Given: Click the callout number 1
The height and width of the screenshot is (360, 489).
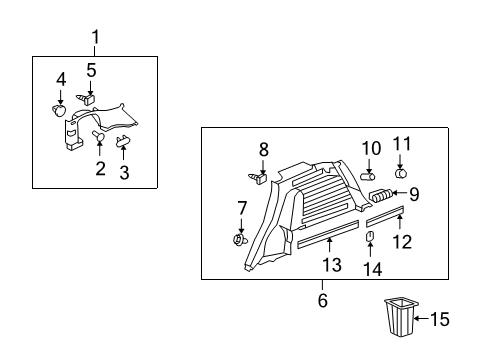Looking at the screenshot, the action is [x=96, y=39].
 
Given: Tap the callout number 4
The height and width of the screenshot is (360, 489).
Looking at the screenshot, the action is [x=61, y=79].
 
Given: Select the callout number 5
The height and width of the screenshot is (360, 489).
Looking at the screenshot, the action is [x=91, y=70].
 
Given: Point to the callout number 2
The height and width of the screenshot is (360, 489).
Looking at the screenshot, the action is [x=100, y=168].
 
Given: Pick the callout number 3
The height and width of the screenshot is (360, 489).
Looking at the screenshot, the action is [x=124, y=172].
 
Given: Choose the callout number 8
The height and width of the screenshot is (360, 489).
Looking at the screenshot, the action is [x=263, y=149].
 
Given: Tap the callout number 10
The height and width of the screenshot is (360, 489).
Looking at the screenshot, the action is [x=371, y=148].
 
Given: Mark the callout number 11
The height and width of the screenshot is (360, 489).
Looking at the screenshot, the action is [x=401, y=143].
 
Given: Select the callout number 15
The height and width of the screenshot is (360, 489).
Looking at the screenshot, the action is [x=440, y=319].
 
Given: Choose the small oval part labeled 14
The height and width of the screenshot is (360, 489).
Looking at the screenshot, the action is [x=369, y=236].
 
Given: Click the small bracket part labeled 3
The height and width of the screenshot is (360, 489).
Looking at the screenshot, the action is [x=124, y=141].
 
